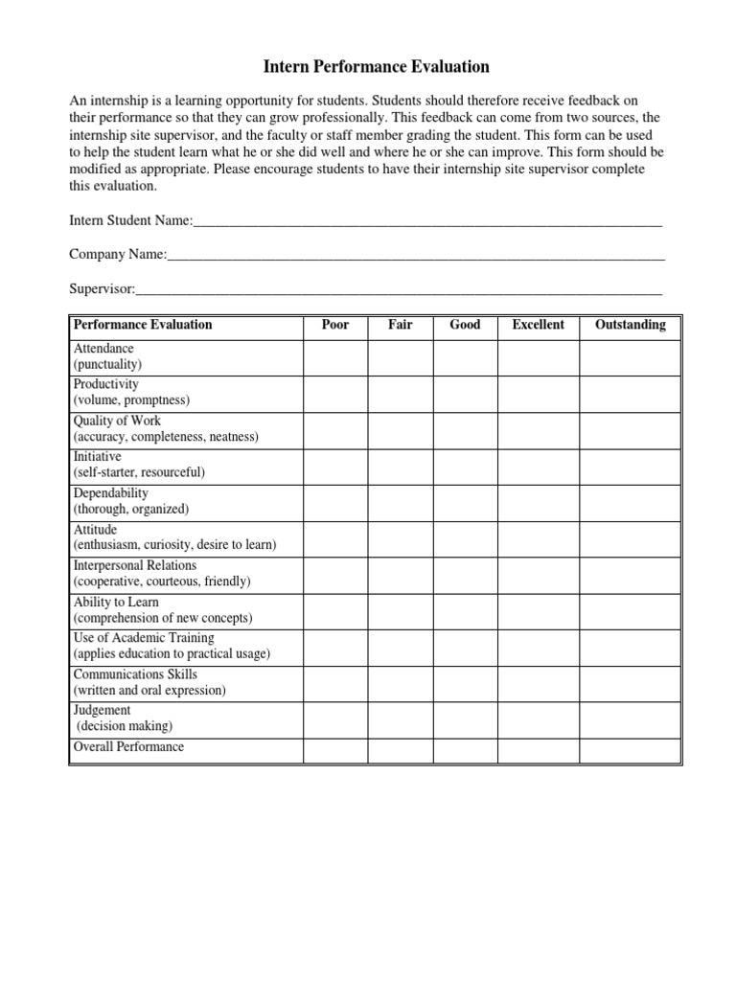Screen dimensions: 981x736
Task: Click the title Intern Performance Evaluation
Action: [x=376, y=67]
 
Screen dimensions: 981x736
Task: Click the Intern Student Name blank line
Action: [x=427, y=221]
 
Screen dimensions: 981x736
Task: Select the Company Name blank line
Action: [x=416, y=255]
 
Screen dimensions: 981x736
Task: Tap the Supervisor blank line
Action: [x=399, y=288]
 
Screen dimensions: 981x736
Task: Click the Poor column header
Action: [x=335, y=325]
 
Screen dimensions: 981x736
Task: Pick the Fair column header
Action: [x=401, y=325]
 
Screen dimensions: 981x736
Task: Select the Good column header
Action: [x=465, y=325]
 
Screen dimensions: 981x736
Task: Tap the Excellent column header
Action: [x=538, y=325]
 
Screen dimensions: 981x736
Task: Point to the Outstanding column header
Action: [x=630, y=325]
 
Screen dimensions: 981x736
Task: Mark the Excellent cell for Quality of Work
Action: [x=538, y=429]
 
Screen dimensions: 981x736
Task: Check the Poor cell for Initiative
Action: [x=335, y=466]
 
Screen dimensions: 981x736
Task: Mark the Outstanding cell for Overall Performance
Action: [x=630, y=748]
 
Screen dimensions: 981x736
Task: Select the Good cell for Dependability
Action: [x=465, y=502]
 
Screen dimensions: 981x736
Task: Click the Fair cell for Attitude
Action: [x=401, y=537]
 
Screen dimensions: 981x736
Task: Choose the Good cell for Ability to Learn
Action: [x=465, y=610]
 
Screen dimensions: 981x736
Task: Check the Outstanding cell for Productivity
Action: [x=630, y=393]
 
